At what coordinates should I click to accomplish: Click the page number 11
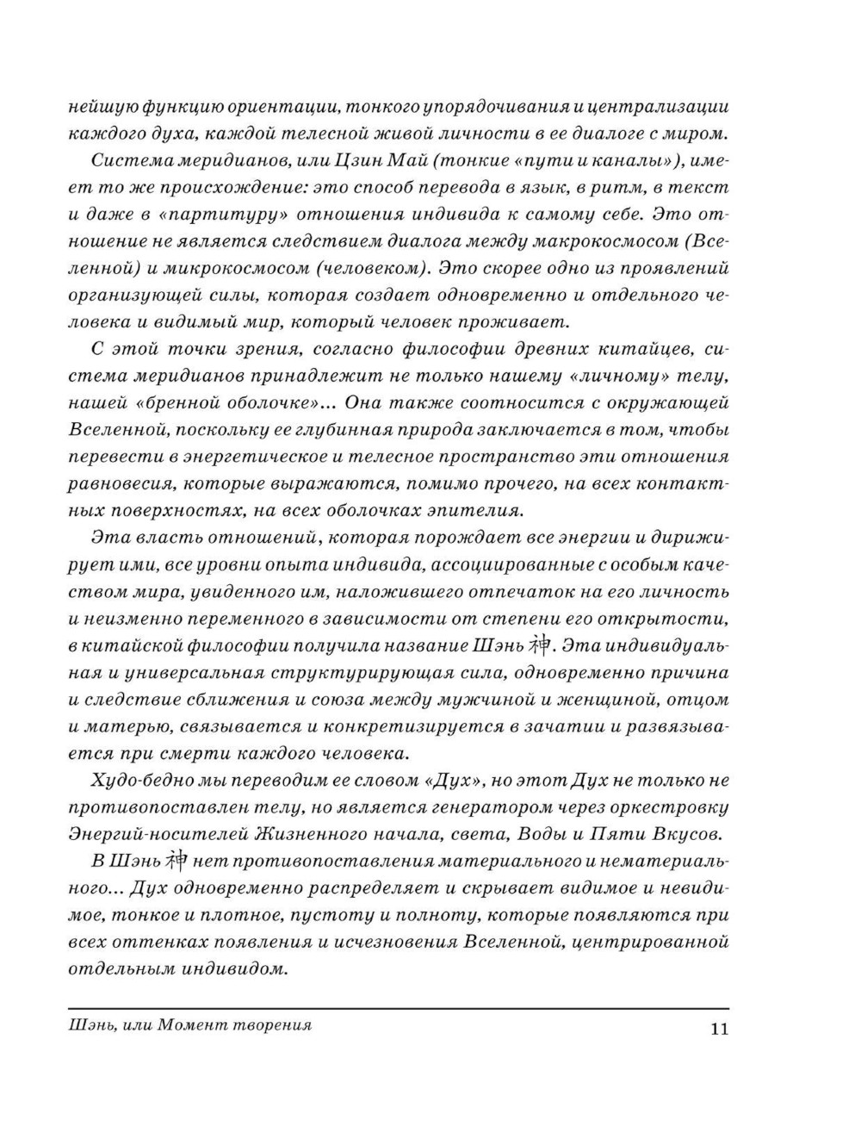click(718, 1029)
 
